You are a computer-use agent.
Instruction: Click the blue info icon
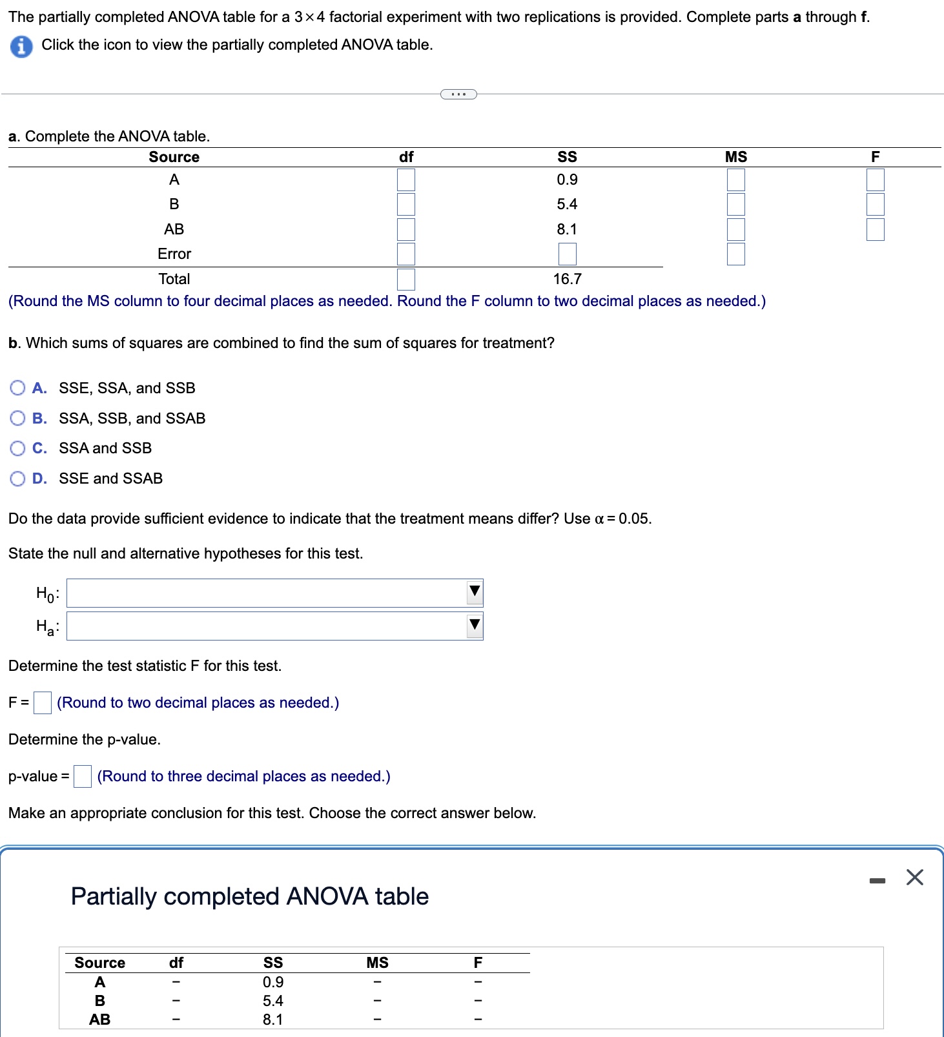click(21, 46)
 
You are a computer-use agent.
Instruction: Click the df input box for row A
click(405, 180)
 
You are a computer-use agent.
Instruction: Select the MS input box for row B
click(735, 204)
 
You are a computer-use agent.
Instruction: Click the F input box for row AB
click(875, 229)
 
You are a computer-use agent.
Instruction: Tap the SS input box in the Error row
click(567, 254)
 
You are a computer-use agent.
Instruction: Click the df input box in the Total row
click(405, 279)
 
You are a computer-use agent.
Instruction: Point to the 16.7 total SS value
click(567, 279)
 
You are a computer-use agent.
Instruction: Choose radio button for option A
click(18, 388)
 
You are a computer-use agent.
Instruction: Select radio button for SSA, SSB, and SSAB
click(18, 418)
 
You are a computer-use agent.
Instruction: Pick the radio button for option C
click(18, 448)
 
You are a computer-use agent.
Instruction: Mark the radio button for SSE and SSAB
click(18, 478)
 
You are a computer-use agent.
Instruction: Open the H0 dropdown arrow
click(475, 591)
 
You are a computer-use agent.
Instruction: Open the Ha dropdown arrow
click(475, 625)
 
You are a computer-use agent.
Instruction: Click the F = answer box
click(43, 703)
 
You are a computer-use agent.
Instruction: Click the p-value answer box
click(82, 776)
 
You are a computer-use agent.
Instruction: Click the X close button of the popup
click(914, 878)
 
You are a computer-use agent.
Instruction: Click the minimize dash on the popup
click(876, 880)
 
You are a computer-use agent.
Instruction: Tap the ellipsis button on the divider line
click(458, 94)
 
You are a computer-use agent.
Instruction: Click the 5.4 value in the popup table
click(272, 1001)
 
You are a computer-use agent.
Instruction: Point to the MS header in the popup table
click(377, 963)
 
